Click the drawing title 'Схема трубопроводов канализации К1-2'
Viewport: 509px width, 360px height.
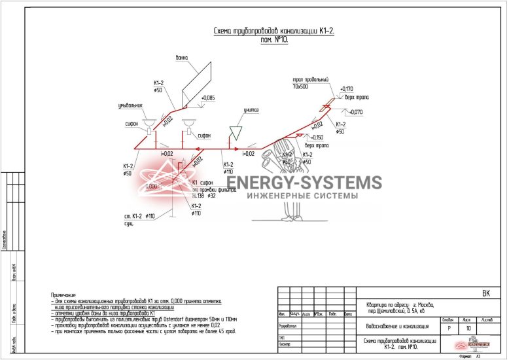tap(275, 31)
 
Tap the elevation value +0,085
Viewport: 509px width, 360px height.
tap(208, 98)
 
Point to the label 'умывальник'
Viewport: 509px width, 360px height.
tap(130, 105)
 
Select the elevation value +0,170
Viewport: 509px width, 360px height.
tap(347, 89)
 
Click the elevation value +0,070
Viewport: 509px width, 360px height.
tap(356, 112)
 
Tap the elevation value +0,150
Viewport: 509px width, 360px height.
tap(317, 137)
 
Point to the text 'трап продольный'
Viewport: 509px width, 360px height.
tap(309, 79)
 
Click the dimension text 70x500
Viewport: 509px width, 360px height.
tap(301, 86)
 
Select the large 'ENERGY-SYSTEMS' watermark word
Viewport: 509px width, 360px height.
tap(304, 183)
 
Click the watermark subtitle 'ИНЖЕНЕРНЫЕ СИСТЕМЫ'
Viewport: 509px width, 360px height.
tap(302, 196)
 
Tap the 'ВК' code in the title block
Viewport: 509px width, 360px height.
tap(485, 293)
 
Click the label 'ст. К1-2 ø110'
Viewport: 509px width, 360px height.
tap(139, 216)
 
